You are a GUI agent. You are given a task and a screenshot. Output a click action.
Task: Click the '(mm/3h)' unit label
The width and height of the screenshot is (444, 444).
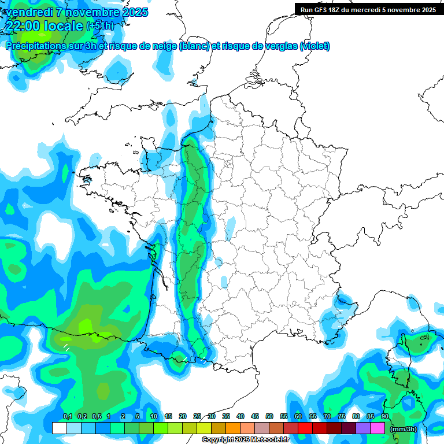pyautogui.click(x=403, y=429)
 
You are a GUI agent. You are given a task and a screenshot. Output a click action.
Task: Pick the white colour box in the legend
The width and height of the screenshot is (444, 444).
pyautogui.click(x=60, y=428)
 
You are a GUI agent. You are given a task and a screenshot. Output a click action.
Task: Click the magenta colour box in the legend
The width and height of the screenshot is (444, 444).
pyautogui.click(x=378, y=428)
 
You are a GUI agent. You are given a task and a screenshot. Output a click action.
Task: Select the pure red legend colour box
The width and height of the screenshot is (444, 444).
pyautogui.click(x=305, y=428)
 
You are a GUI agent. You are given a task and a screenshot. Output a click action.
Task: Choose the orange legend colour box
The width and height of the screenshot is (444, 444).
pyautogui.click(x=233, y=428)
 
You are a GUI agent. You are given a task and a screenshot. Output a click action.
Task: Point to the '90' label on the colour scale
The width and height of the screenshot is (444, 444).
pyautogui.click(x=385, y=416)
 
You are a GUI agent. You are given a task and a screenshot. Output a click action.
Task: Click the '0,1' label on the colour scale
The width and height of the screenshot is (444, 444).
pyautogui.click(x=67, y=416)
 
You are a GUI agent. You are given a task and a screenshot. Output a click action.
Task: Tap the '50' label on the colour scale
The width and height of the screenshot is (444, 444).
pyautogui.click(x=269, y=416)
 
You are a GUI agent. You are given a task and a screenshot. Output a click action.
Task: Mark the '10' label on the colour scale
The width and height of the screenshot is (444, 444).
pyautogui.click(x=154, y=416)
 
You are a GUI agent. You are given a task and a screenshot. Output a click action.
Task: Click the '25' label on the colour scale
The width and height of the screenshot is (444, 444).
pyautogui.click(x=197, y=416)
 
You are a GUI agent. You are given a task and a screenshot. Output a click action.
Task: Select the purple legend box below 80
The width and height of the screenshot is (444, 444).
pyautogui.click(x=363, y=428)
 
